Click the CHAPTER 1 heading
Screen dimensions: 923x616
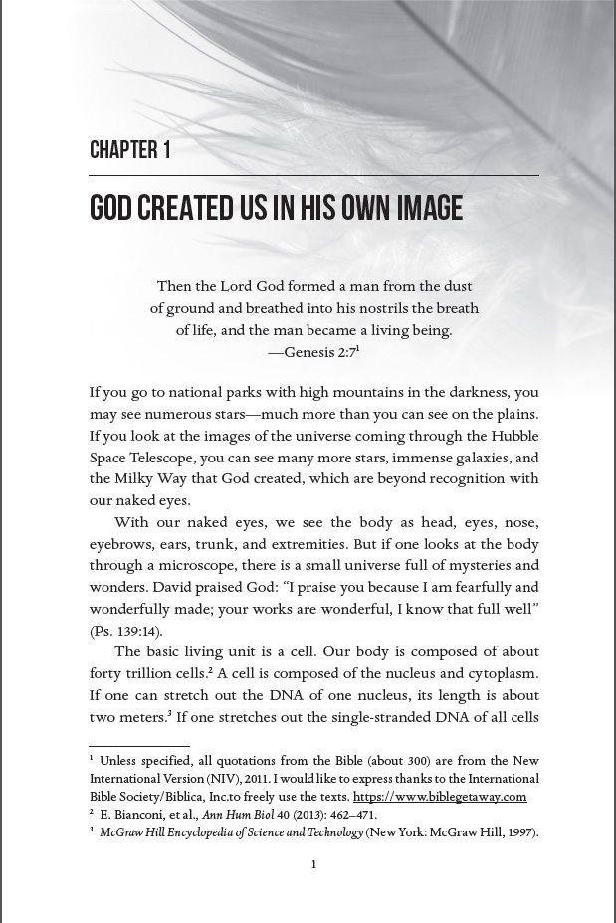pos(130,150)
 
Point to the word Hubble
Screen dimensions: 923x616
pos(515,436)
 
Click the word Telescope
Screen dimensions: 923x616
pos(157,458)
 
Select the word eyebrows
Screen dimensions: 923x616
pos(116,544)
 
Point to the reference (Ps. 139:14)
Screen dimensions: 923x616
pos(125,631)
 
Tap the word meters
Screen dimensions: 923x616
pos(141,717)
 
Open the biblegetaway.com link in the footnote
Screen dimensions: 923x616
pos(439,797)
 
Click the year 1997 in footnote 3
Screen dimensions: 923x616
pos(518,832)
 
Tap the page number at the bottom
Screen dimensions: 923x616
pos(313,864)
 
